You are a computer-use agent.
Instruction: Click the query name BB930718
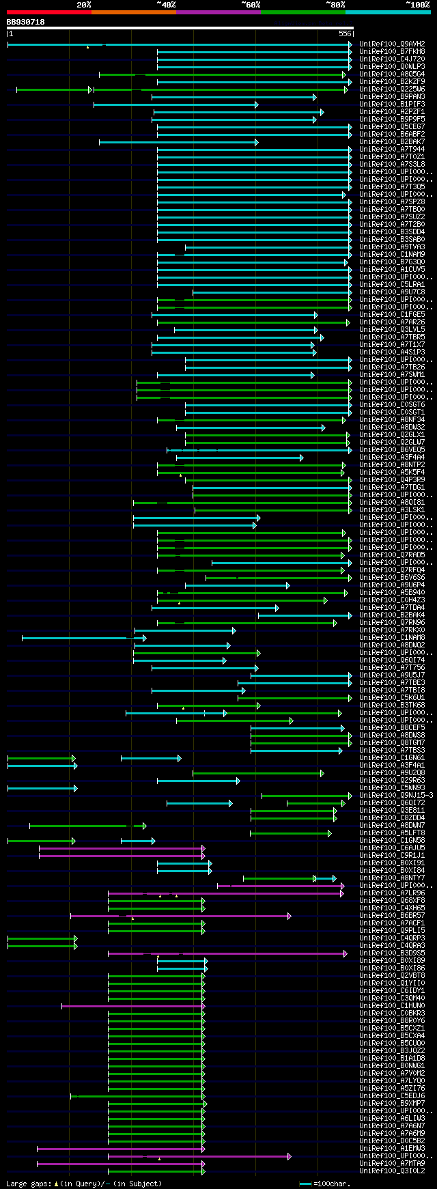(x=26, y=22)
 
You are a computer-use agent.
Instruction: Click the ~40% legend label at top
(x=166, y=5)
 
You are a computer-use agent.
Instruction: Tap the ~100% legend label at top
(x=417, y=5)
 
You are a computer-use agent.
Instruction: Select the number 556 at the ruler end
(x=345, y=33)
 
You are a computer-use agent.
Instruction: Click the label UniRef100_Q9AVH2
(x=392, y=44)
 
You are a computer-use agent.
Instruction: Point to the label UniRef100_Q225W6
(x=392, y=89)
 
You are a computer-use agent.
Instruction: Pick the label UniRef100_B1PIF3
(x=392, y=104)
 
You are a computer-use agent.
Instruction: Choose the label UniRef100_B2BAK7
(x=392, y=142)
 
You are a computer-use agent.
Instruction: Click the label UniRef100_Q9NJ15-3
(x=396, y=796)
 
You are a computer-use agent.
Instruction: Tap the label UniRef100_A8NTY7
(x=392, y=878)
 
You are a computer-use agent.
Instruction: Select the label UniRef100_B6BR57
(x=392, y=916)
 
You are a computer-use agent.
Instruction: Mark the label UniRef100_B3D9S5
(x=392, y=953)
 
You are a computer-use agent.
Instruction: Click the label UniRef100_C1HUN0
(x=392, y=1006)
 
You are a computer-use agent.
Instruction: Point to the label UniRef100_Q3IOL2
(x=392, y=1171)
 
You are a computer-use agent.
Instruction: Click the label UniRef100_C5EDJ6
(x=392, y=1096)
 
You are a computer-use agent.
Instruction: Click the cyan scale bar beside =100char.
(x=305, y=1184)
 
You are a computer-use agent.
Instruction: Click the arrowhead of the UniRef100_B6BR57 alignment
(x=290, y=916)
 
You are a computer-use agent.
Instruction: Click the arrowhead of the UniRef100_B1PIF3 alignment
(x=257, y=104)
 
